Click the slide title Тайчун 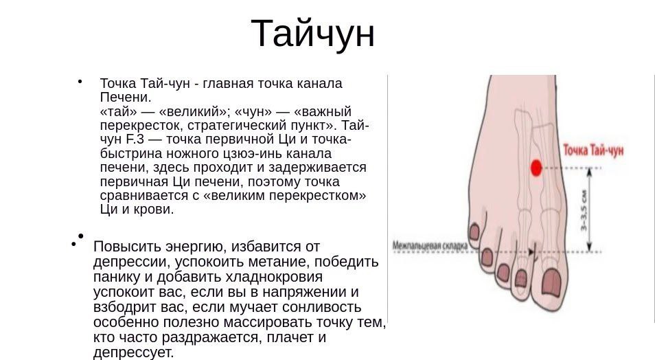tap(312, 34)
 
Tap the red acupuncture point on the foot tap(536, 168)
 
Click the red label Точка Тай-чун tap(593, 150)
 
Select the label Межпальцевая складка tap(430, 245)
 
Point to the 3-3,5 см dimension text tap(584, 210)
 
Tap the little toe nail tap(474, 232)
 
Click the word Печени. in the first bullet tap(126, 98)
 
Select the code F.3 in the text tap(135, 139)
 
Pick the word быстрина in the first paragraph tap(131, 153)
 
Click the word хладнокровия tap(274, 277)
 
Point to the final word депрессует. tap(133, 352)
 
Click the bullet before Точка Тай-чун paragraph tap(80, 82)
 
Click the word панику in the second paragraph tap(117, 277)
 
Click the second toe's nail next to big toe tap(521, 278)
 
